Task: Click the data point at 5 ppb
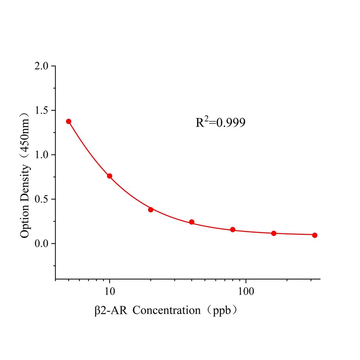pos(69,121)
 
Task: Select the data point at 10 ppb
pos(110,176)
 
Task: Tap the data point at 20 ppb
pos(150,210)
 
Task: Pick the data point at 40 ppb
pos(192,222)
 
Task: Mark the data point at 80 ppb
pos(233,230)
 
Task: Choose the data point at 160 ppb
pos(274,233)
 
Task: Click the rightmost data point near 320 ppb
pos(315,235)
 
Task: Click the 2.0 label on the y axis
pos(43,66)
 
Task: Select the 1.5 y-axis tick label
pos(43,110)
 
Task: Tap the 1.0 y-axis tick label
pos(43,155)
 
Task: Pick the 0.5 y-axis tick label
pos(43,199)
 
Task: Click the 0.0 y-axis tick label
pos(43,243)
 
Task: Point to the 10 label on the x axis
pos(110,291)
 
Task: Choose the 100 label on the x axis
pos(245,291)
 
